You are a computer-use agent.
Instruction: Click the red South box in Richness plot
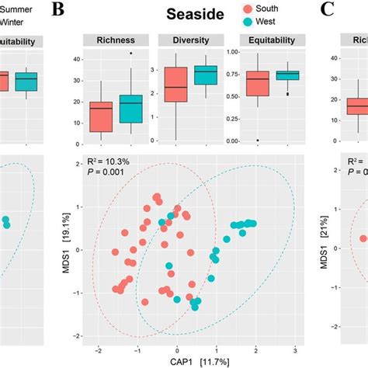[x=101, y=116]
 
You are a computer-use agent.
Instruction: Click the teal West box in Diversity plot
[x=205, y=75]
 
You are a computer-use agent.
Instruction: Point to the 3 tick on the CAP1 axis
[x=296, y=349]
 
